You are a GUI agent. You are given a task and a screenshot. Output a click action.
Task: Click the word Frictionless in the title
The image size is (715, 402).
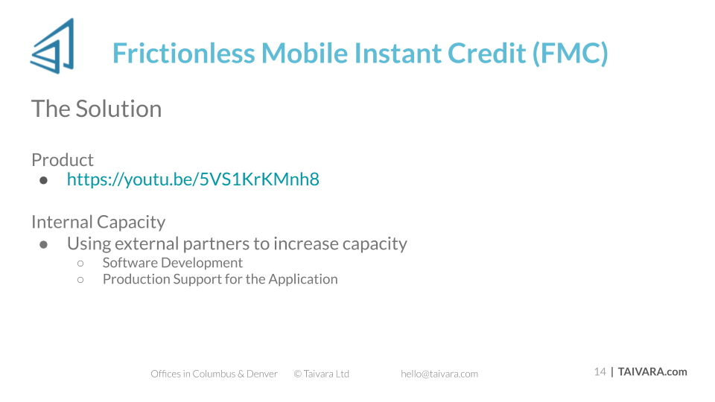[x=184, y=53]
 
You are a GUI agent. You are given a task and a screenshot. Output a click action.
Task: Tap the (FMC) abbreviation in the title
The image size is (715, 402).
[x=571, y=54]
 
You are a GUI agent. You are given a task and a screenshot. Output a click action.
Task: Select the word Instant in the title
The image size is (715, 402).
[x=398, y=53]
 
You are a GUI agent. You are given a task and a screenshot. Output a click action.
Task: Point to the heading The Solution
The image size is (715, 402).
[x=97, y=109]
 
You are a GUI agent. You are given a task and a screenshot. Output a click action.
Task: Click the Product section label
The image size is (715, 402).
[x=63, y=160]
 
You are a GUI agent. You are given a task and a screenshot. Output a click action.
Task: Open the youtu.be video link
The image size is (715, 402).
[x=193, y=179]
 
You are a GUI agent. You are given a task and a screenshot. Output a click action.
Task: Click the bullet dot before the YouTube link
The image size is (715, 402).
[x=43, y=180]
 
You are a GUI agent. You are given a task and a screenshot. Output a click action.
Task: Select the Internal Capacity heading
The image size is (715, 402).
[x=98, y=222]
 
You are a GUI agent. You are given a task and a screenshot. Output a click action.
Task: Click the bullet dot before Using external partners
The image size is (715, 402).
[x=43, y=245]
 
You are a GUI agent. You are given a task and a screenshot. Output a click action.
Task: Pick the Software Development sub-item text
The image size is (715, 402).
[x=172, y=263]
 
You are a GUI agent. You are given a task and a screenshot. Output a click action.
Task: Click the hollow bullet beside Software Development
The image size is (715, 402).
[x=80, y=264]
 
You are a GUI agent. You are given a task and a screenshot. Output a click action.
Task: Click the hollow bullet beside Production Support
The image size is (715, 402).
[x=80, y=280]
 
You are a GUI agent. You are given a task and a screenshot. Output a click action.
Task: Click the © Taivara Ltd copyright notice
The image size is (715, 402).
[x=322, y=374]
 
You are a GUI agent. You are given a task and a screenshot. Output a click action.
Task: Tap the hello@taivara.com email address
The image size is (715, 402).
[x=439, y=374]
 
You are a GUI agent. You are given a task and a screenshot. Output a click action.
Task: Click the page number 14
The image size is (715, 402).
[x=600, y=372]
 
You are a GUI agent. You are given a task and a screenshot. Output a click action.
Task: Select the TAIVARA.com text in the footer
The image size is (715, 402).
[x=652, y=372]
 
